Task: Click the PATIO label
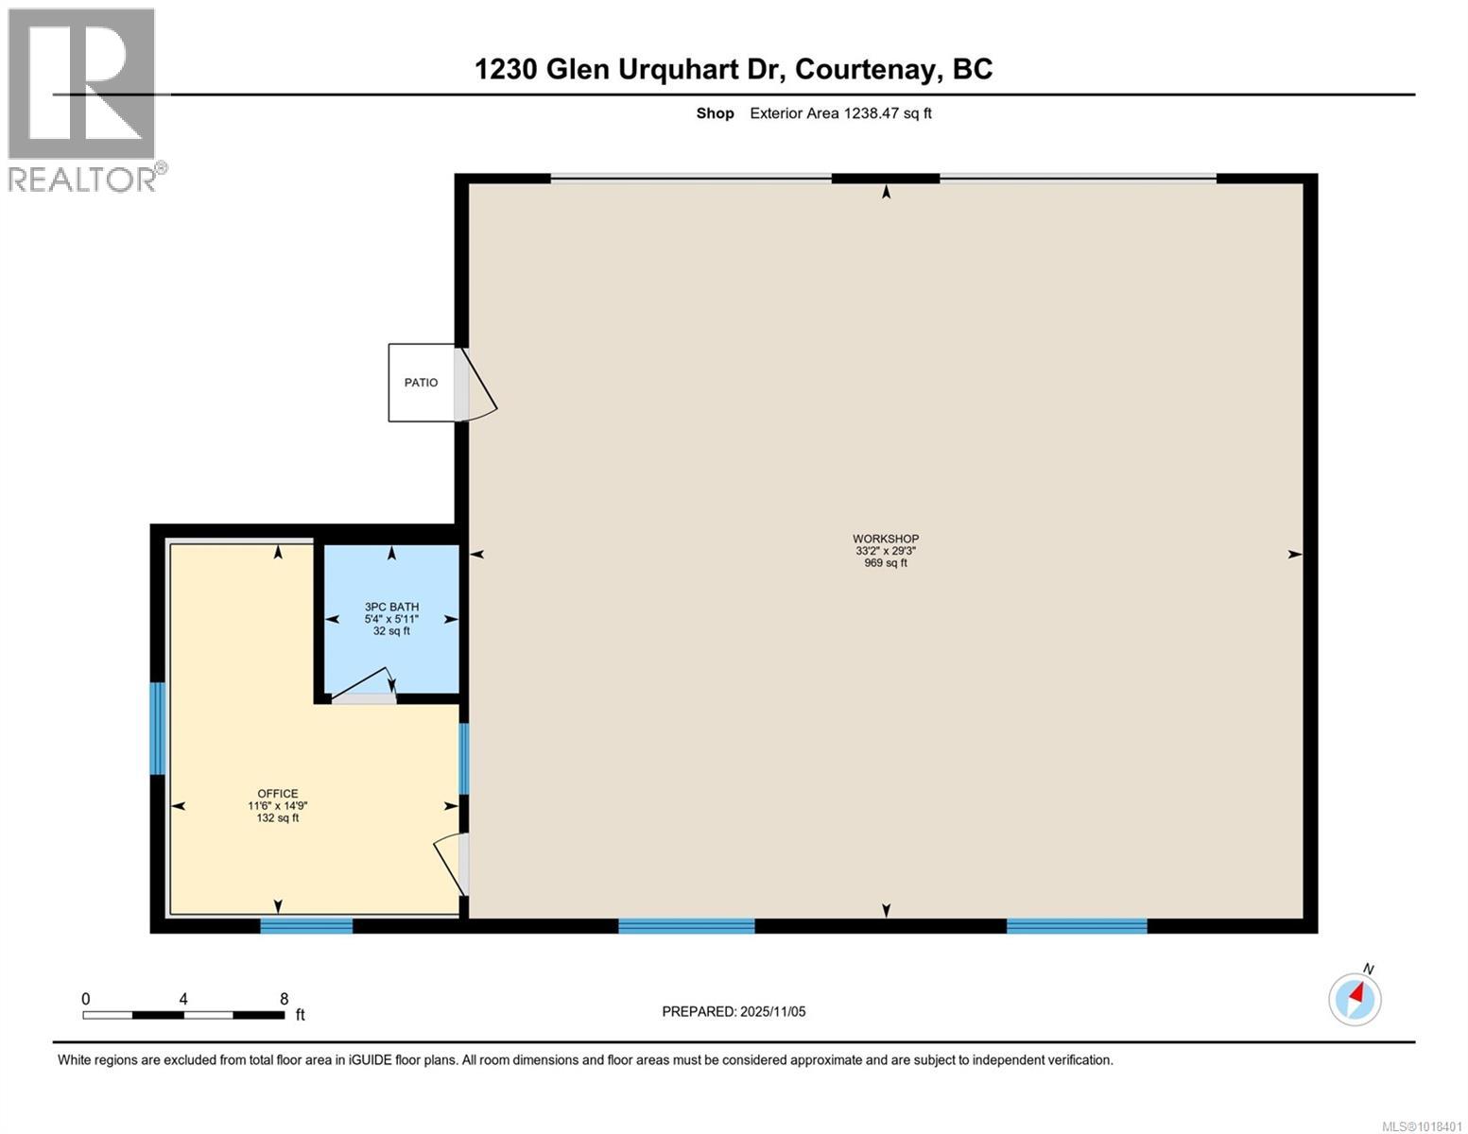point(421,383)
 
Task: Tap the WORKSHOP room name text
point(886,539)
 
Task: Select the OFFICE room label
point(277,794)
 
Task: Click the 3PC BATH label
point(391,607)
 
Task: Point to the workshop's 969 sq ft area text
point(886,563)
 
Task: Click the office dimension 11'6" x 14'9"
point(277,806)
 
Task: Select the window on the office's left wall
point(158,729)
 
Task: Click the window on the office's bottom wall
point(306,926)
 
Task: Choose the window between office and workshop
point(463,759)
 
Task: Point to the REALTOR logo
point(83,99)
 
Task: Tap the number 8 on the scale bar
point(284,999)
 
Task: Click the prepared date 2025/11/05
point(772,1012)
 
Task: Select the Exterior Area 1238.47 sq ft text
point(840,113)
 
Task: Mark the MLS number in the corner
point(1423,1125)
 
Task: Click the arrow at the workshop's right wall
point(1294,555)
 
